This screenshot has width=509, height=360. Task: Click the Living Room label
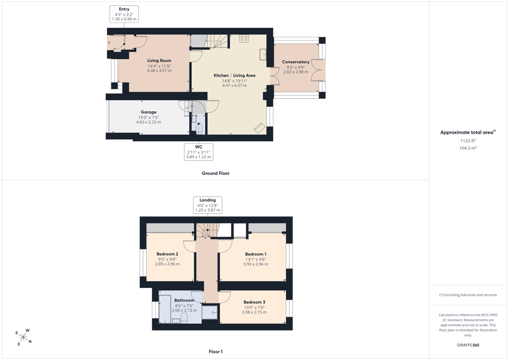pos(159,61)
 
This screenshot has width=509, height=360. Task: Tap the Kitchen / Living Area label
pos(235,75)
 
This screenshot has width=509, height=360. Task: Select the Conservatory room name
pos(296,62)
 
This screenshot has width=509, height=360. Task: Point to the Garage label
pos(148,112)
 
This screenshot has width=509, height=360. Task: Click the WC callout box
pos(199,152)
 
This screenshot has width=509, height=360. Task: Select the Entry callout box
pos(124,14)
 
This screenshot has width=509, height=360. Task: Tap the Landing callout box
pos(208,205)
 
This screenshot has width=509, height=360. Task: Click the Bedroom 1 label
pos(256,254)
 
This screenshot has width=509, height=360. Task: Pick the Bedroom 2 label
pos(167,254)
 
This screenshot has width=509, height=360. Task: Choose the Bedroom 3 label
pos(254,302)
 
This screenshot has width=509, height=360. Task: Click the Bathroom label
pos(184,301)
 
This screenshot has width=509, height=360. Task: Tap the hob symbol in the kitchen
pos(244,39)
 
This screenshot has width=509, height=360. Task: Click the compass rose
pos(23,337)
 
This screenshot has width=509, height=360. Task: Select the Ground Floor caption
pos(216,174)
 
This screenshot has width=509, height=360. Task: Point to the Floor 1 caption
pos(216,352)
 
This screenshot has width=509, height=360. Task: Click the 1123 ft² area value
pos(468,141)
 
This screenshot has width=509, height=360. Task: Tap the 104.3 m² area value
pos(468,148)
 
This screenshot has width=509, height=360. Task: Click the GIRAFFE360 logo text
pos(468,345)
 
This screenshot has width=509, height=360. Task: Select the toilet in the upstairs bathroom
pos(184,318)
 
